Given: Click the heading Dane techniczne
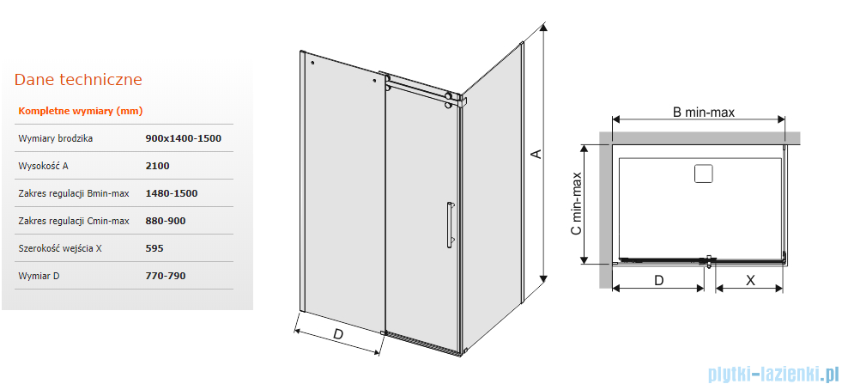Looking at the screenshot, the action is tap(78, 80).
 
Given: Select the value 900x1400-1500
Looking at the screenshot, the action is tap(183, 138).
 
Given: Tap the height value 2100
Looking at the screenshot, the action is tap(157, 166).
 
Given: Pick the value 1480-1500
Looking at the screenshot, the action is tap(172, 193).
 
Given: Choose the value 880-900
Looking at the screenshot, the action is tap(166, 221).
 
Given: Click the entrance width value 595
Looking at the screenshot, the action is tap(154, 248).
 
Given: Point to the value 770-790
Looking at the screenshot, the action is tap(166, 276).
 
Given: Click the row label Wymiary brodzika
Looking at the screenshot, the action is tap(55, 138).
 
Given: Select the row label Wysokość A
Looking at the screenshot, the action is tap(44, 166).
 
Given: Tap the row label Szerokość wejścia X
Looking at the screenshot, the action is tap(60, 248).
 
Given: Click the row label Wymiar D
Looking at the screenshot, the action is tap(39, 276).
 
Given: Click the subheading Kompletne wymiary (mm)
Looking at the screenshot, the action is tap(81, 112).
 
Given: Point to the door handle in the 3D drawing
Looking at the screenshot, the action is tap(448, 225).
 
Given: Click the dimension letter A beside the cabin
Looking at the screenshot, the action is tap(535, 154).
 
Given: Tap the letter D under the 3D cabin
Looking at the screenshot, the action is tap(338, 334).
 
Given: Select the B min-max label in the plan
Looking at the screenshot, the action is tap(704, 113).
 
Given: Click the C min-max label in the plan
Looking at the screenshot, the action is tap(576, 204).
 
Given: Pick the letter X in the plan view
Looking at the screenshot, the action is tap(751, 280).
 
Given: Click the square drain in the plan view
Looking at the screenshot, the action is tap(703, 174).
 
